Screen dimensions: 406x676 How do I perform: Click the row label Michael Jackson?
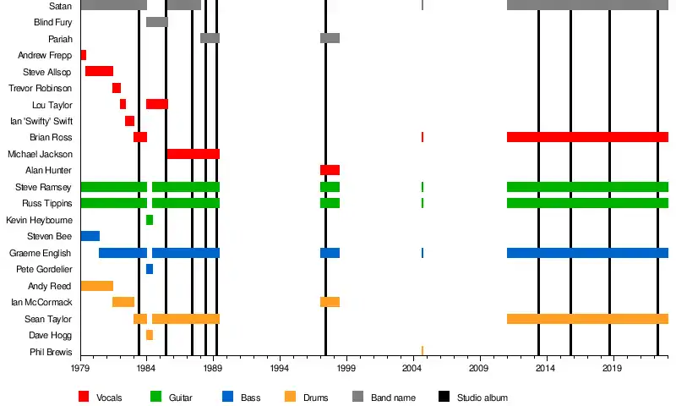click(40, 154)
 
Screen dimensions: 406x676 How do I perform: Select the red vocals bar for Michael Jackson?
click(193, 154)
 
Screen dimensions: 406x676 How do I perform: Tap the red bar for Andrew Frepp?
click(83, 55)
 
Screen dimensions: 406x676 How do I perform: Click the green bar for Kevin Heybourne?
click(150, 220)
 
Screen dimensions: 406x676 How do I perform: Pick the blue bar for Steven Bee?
click(90, 236)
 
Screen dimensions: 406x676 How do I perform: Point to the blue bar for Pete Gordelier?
click(150, 269)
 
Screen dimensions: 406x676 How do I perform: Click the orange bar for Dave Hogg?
click(150, 335)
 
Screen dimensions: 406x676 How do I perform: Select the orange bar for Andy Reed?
click(96, 286)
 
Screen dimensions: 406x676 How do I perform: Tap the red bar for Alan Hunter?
click(330, 170)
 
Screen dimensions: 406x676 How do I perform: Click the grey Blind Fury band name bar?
click(156, 22)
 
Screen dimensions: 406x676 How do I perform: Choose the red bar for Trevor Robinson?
click(117, 88)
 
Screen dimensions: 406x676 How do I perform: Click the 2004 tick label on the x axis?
click(412, 370)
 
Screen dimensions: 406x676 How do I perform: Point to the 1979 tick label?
click(80, 370)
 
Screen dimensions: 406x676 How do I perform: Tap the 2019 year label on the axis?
click(612, 370)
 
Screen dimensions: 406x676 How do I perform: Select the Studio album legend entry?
click(482, 397)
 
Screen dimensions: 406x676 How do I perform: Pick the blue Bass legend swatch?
click(227, 397)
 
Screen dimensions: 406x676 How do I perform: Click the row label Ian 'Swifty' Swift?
click(41, 121)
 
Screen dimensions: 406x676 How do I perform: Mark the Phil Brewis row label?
click(51, 352)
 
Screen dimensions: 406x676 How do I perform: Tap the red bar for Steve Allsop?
click(99, 71)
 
